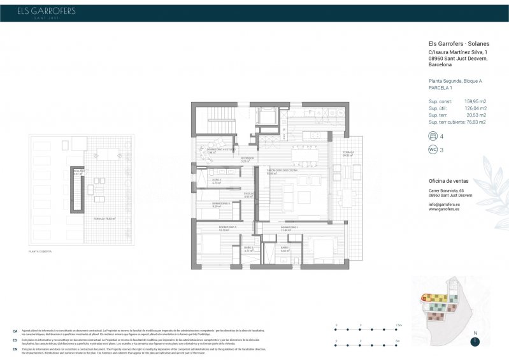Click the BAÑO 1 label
pyautogui.click(x=284, y=247)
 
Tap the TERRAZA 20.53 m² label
pyautogui.click(x=347, y=154)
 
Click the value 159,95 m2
pyautogui.click(x=475, y=101)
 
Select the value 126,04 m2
pyautogui.click(x=475, y=108)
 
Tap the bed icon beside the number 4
pyautogui.click(x=434, y=136)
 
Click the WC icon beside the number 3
pyautogui.click(x=434, y=150)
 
